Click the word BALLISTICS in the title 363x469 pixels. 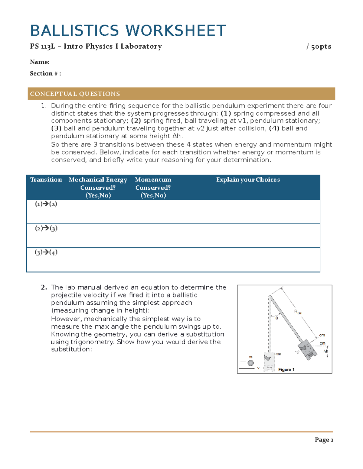pos(74,31)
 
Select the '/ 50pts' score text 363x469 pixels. pos(319,47)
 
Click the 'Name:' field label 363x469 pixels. pos(40,62)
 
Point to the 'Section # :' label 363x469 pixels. pos(45,73)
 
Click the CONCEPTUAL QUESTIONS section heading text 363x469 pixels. pos(75,94)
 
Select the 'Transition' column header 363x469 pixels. pos(46,180)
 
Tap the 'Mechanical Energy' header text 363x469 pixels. pos(98,180)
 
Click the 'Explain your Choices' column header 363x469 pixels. pos(248,180)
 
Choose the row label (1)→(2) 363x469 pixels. pos(46,204)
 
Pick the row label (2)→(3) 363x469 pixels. pos(46,228)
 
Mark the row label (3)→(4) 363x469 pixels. pos(46,252)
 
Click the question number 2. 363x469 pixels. pos(44,287)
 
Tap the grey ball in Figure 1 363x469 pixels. pos(250,363)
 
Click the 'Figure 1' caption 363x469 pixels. pos(286,369)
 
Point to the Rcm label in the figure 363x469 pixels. pos(298,312)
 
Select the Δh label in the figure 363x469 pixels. pos(326,351)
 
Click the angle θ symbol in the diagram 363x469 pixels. pos(276,318)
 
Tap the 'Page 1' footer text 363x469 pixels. pos(324,440)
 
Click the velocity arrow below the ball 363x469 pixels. pos(247,368)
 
